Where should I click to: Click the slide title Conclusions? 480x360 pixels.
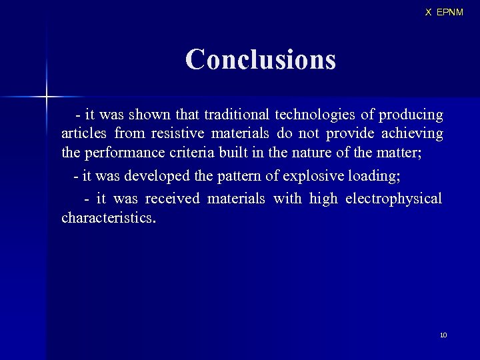260,59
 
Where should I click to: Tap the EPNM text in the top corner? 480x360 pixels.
449,12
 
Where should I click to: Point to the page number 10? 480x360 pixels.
443,335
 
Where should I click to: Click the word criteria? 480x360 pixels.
189,152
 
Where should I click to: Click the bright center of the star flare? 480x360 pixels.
47,97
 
